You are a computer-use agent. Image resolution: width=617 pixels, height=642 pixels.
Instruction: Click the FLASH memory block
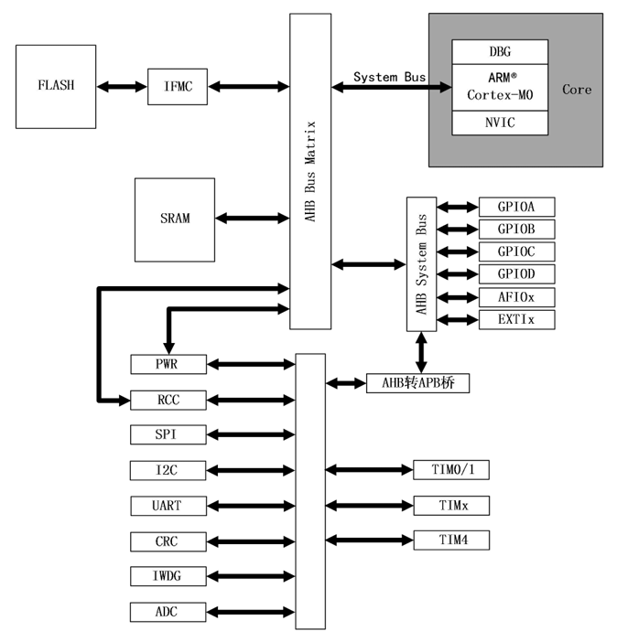[x=56, y=86]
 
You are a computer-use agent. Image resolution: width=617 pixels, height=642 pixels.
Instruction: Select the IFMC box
[x=178, y=86]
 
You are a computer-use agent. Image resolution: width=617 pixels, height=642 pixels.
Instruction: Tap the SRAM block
[x=175, y=219]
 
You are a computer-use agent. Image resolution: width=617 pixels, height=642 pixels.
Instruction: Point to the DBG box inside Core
[x=500, y=51]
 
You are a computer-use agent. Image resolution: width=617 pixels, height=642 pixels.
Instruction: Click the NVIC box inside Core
[x=500, y=123]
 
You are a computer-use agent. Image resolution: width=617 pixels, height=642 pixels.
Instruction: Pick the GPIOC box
[x=516, y=251]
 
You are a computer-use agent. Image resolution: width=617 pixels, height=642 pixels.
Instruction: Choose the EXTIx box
[x=516, y=319]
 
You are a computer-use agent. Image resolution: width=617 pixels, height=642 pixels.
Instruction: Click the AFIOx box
[x=516, y=296]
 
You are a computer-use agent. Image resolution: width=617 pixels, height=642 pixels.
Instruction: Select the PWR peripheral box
[x=168, y=364]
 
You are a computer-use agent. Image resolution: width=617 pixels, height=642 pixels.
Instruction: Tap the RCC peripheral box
[x=168, y=400]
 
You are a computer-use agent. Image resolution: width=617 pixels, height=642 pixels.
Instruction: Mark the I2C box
[x=168, y=470]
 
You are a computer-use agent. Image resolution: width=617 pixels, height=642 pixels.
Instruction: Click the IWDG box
[x=168, y=576]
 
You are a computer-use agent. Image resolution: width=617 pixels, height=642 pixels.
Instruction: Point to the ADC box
[x=168, y=612]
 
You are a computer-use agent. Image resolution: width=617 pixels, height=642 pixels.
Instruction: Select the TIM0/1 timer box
[x=451, y=470]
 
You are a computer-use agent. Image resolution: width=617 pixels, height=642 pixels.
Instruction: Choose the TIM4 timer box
[x=451, y=540]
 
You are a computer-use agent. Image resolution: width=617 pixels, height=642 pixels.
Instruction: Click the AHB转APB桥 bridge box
[x=417, y=383]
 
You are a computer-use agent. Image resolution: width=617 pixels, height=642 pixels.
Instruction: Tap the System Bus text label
[x=389, y=77]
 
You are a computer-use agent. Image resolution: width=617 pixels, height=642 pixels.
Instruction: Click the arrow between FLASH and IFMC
[x=122, y=86]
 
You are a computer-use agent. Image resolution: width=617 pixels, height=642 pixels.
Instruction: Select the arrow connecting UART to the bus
[x=250, y=506]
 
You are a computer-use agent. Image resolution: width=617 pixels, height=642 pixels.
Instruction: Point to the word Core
[x=577, y=90]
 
